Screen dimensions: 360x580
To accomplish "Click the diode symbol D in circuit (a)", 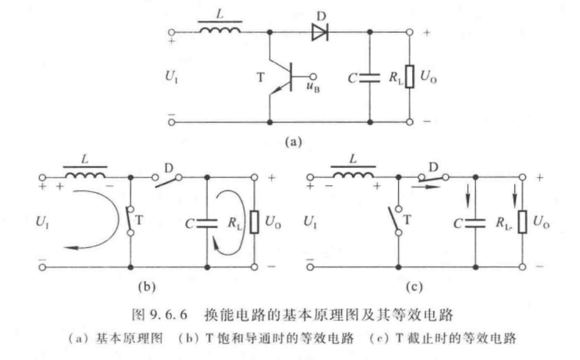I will [319, 33].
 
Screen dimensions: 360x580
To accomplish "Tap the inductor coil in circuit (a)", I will [220, 31].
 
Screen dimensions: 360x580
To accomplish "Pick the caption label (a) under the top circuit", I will [293, 140].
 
